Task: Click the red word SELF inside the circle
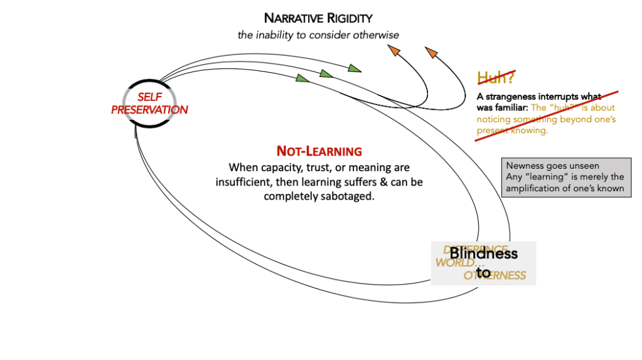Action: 150,98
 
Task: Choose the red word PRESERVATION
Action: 150,110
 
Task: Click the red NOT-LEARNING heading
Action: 319,151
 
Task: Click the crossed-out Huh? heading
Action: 496,78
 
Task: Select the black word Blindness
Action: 483,253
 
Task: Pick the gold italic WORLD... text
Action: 456,263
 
